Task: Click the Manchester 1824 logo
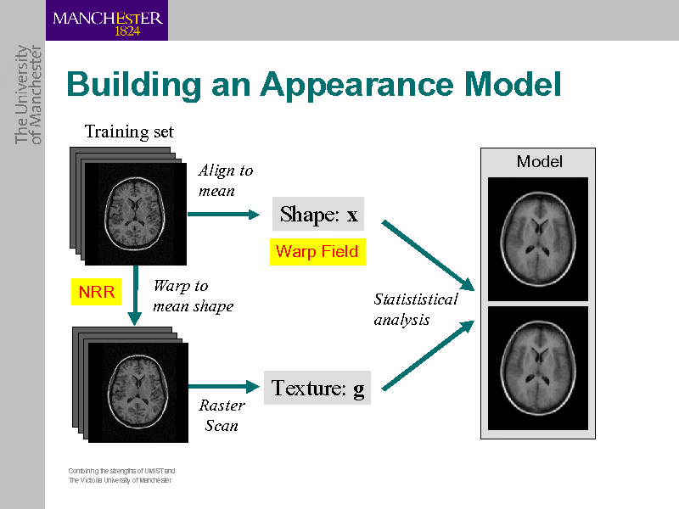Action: pyautogui.click(x=106, y=20)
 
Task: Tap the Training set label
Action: pyautogui.click(x=129, y=131)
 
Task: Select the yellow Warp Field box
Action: pyautogui.click(x=317, y=252)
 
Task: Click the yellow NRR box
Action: pyautogui.click(x=95, y=293)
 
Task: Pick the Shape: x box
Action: pyautogui.click(x=318, y=214)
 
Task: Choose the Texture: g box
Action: pyautogui.click(x=317, y=388)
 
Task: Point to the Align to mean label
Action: pyautogui.click(x=225, y=180)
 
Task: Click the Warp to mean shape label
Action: pyautogui.click(x=193, y=295)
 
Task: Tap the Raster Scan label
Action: pyautogui.click(x=222, y=415)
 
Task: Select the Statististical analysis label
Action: pyautogui.click(x=415, y=309)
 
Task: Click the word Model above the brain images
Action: pyautogui.click(x=539, y=161)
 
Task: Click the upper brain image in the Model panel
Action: pyautogui.click(x=537, y=238)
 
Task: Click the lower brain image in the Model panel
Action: pyautogui.click(x=537, y=367)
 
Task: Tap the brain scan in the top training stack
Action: pyautogui.click(x=136, y=212)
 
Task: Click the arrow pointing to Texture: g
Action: pyautogui.click(x=222, y=387)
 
